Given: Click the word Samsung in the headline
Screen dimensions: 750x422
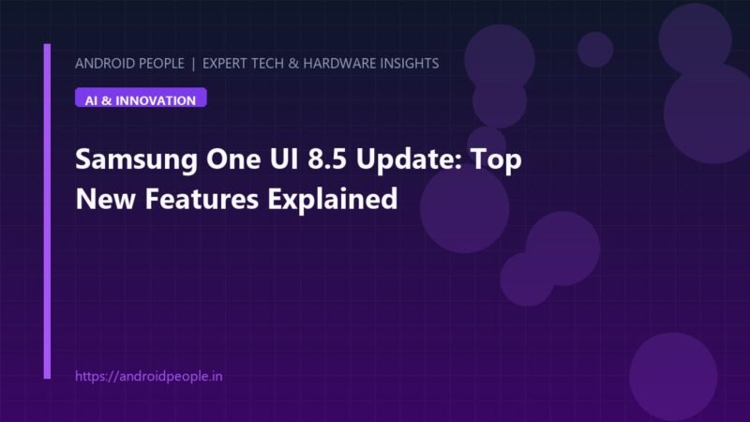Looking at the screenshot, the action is coord(136,160).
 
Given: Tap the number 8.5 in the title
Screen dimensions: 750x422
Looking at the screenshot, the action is coord(326,158).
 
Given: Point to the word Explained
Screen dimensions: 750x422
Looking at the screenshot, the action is coord(333,200).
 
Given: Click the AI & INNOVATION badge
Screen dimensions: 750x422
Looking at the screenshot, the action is coord(141,98).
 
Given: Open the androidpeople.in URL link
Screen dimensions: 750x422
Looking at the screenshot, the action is coord(149,376).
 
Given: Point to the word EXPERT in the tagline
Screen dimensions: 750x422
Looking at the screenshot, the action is coord(223,64).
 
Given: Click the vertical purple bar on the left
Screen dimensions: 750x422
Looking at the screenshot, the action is coord(47,211).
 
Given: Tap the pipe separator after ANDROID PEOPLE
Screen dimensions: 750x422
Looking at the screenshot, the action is coord(193,64).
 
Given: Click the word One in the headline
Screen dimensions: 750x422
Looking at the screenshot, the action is coord(233,158).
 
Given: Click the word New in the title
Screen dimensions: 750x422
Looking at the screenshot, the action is coord(105,199).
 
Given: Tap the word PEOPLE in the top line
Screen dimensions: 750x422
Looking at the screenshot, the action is coord(160,64).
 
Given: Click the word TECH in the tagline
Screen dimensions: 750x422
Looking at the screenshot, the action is coord(266,64).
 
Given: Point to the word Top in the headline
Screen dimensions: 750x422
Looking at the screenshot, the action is coord(497,160).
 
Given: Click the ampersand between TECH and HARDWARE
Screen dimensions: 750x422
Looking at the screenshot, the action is coord(293,64).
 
